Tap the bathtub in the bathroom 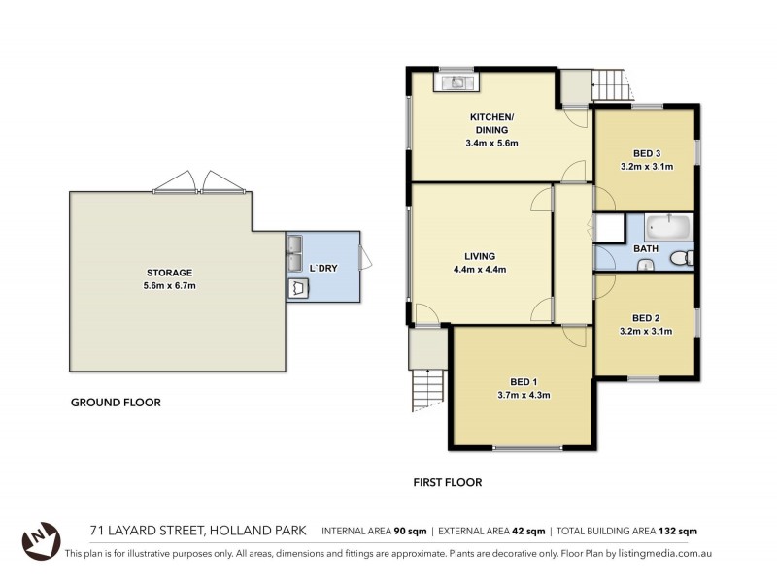pyautogui.click(x=668, y=229)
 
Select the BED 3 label pyautogui.click(x=647, y=153)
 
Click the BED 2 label pyautogui.click(x=647, y=318)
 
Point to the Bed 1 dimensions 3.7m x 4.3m pyautogui.click(x=523, y=395)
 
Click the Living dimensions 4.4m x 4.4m pyautogui.click(x=480, y=270)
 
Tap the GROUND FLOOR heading pyautogui.click(x=116, y=403)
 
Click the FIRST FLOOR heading pyautogui.click(x=448, y=481)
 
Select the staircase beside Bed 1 pyautogui.click(x=426, y=389)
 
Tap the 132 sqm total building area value pyautogui.click(x=676, y=531)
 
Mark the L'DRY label pyautogui.click(x=322, y=268)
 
